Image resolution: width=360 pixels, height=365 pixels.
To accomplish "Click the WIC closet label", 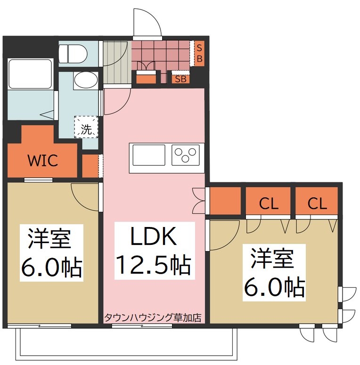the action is [x=43, y=160].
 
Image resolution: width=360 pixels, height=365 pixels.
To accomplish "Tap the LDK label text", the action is [x=154, y=236].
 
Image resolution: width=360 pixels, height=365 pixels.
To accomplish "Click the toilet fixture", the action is [x=73, y=54].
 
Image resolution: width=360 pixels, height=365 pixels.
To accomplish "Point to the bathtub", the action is [x=30, y=74].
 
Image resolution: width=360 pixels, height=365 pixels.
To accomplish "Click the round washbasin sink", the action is [x=85, y=80].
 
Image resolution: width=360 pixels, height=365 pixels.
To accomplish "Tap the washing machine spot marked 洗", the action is [x=86, y=127].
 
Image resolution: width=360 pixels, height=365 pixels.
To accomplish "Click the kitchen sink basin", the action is [x=149, y=155].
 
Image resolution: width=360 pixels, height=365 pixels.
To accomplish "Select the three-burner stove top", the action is [x=186, y=155].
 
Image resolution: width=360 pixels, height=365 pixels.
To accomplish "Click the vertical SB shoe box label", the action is [x=199, y=53].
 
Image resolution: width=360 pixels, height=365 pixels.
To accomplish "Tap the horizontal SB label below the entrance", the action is [x=180, y=79].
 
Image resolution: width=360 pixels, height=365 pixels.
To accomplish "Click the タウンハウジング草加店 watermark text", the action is [x=153, y=317].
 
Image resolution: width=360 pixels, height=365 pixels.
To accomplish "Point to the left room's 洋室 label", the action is [x=49, y=239].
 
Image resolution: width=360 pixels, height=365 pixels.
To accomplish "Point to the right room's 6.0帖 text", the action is [x=274, y=287].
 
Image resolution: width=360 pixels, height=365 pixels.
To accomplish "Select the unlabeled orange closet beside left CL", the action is [x=225, y=201].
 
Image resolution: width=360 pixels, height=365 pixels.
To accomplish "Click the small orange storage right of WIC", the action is [x=90, y=166].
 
